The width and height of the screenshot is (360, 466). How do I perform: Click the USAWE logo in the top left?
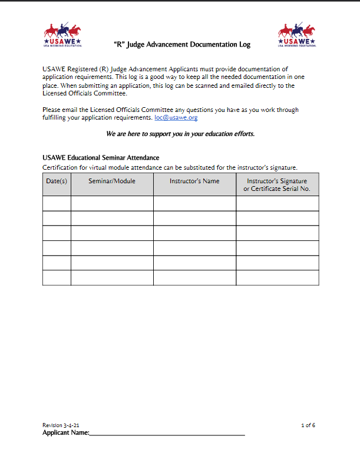tap(62, 36)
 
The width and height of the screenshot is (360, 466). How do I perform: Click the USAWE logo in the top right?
tap(297, 36)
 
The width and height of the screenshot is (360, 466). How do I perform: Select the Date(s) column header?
tap(57, 181)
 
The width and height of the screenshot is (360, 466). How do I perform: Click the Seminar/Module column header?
tap(112, 181)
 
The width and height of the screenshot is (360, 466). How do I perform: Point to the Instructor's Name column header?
tap(194, 181)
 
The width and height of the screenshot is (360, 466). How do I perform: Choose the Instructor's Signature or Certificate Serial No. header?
tap(277, 185)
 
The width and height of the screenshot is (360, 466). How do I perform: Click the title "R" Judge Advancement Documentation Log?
tap(181, 44)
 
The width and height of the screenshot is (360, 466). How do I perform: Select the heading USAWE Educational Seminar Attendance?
tap(101, 158)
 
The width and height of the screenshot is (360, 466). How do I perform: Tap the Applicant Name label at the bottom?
tap(65, 433)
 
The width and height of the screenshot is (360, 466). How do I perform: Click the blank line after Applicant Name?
tap(167, 433)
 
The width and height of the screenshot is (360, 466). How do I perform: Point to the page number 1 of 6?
tap(308, 425)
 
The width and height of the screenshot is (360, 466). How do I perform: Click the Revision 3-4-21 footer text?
tap(61, 425)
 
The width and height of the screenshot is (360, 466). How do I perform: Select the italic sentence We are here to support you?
tap(180, 134)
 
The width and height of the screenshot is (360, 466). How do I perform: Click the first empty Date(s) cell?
tap(57, 203)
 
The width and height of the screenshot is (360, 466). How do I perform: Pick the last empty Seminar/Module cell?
tap(112, 277)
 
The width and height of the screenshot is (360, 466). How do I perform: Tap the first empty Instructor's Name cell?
tap(194, 203)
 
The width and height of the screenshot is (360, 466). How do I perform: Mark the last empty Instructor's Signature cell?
tap(277, 277)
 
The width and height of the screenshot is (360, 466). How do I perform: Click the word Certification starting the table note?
tap(61, 167)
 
